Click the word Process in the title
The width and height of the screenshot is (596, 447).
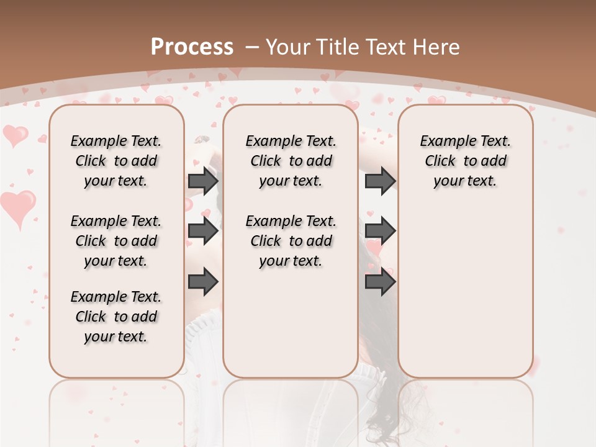point(192,47)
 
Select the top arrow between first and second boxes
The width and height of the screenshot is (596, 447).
point(203,181)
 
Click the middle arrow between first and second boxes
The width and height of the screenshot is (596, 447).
point(203,232)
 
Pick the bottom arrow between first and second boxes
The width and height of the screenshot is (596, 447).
point(203,282)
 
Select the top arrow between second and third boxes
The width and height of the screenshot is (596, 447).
point(380,181)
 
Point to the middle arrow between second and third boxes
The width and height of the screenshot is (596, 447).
point(380,232)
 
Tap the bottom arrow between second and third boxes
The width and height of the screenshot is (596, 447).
point(380,282)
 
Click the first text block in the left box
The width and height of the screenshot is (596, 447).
point(116,161)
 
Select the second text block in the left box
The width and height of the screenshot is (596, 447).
point(116,241)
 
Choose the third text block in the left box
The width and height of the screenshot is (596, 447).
point(116,317)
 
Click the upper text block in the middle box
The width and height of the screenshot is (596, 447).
point(291,161)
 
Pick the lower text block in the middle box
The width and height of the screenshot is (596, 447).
point(291,241)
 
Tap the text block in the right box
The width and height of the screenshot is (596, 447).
point(465,161)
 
